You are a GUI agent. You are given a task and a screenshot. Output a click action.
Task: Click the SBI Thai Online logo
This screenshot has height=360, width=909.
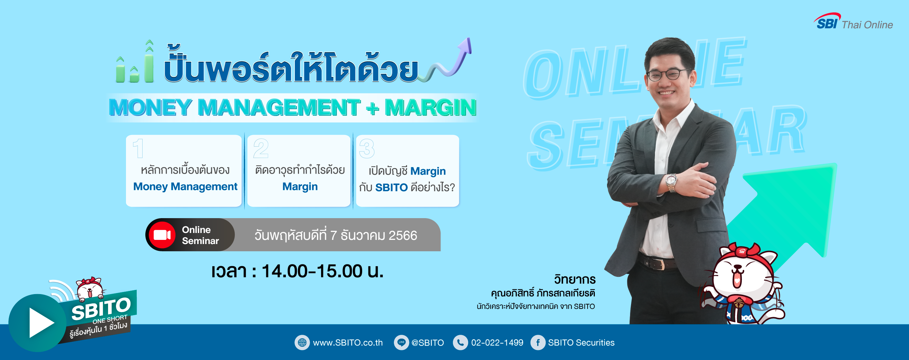click(853, 21)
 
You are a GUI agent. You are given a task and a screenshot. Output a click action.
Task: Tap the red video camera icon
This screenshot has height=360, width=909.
click(162, 235)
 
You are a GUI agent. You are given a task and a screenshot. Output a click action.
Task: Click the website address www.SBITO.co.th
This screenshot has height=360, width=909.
click(348, 342)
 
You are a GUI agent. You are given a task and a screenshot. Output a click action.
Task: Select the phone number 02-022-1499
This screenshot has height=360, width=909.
click(497, 342)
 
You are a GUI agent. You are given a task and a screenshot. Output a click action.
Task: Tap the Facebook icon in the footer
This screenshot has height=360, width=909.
click(538, 342)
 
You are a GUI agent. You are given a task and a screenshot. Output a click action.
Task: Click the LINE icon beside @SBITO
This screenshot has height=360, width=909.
click(401, 342)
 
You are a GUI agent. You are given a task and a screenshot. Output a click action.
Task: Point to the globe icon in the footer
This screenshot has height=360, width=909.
click(302, 342)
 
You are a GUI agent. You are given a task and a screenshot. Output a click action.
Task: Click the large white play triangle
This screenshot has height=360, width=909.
click(41, 323)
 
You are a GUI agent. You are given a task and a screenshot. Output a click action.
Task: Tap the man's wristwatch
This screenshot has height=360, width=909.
click(671, 182)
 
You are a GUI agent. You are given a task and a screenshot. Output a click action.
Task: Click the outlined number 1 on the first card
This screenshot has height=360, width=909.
click(138, 148)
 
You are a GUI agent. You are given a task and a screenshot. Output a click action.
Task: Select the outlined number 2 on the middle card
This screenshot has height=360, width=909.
click(261, 148)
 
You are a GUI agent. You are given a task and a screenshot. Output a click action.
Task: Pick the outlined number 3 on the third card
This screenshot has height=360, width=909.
click(367, 148)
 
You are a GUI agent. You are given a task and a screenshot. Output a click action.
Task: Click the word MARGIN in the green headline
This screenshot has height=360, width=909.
click(430, 107)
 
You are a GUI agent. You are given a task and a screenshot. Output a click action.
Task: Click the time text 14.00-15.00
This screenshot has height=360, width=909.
click(312, 271)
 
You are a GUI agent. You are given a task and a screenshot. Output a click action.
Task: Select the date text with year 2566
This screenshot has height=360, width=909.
click(336, 235)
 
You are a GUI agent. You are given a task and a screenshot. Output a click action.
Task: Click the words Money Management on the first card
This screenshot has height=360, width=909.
click(185, 186)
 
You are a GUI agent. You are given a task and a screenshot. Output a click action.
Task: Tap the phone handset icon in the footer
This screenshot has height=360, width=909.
click(460, 342)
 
